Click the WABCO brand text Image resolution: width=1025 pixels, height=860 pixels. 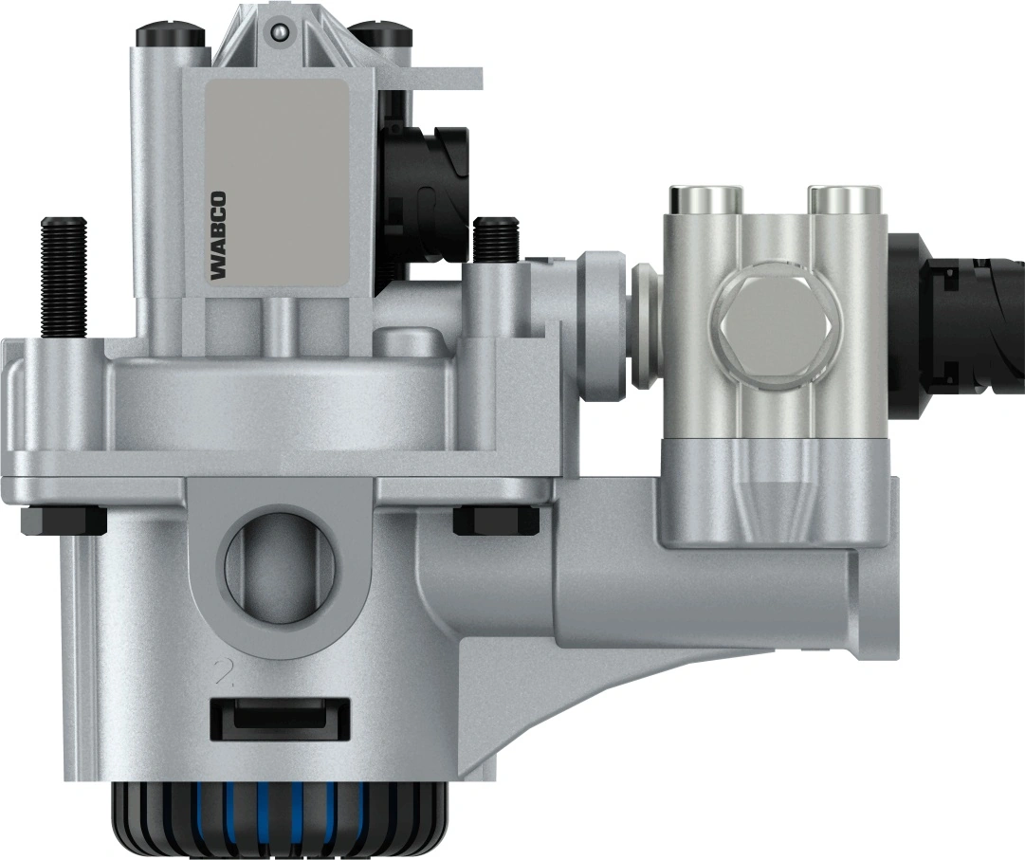pyautogui.click(x=218, y=236)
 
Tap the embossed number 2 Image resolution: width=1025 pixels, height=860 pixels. pyautogui.click(x=224, y=674)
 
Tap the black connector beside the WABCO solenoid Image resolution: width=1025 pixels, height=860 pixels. pyautogui.click(x=427, y=180)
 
